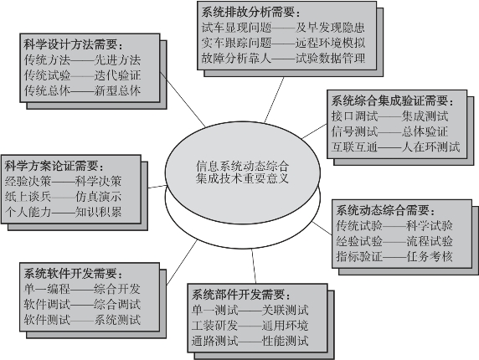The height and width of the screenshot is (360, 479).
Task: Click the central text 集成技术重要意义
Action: pyautogui.click(x=242, y=178)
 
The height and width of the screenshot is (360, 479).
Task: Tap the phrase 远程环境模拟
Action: pyautogui.click(x=330, y=43)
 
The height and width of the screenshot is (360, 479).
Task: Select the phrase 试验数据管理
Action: pyautogui.click(x=330, y=58)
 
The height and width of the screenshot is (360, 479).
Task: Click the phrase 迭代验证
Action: pyautogui.click(x=117, y=75)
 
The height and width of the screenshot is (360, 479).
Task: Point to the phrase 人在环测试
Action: pyautogui.click(x=430, y=147)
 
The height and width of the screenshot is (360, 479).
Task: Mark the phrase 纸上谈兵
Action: pyautogui.click(x=28, y=197)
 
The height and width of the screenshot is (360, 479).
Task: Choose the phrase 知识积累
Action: pyautogui.click(x=98, y=212)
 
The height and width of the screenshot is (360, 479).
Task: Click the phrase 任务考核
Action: pyautogui.click(x=430, y=256)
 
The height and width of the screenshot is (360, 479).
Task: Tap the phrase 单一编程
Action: pyautogui.click(x=48, y=289)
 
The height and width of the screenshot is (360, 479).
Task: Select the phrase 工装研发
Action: pyautogui.click(x=214, y=326)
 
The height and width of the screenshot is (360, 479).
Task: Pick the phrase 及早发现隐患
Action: pyautogui.click(x=330, y=28)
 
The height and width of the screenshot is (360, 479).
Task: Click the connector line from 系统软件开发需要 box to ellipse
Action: pyautogui.click(x=182, y=263)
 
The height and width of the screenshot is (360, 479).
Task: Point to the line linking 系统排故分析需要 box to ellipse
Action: pyautogui.click(x=274, y=100)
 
